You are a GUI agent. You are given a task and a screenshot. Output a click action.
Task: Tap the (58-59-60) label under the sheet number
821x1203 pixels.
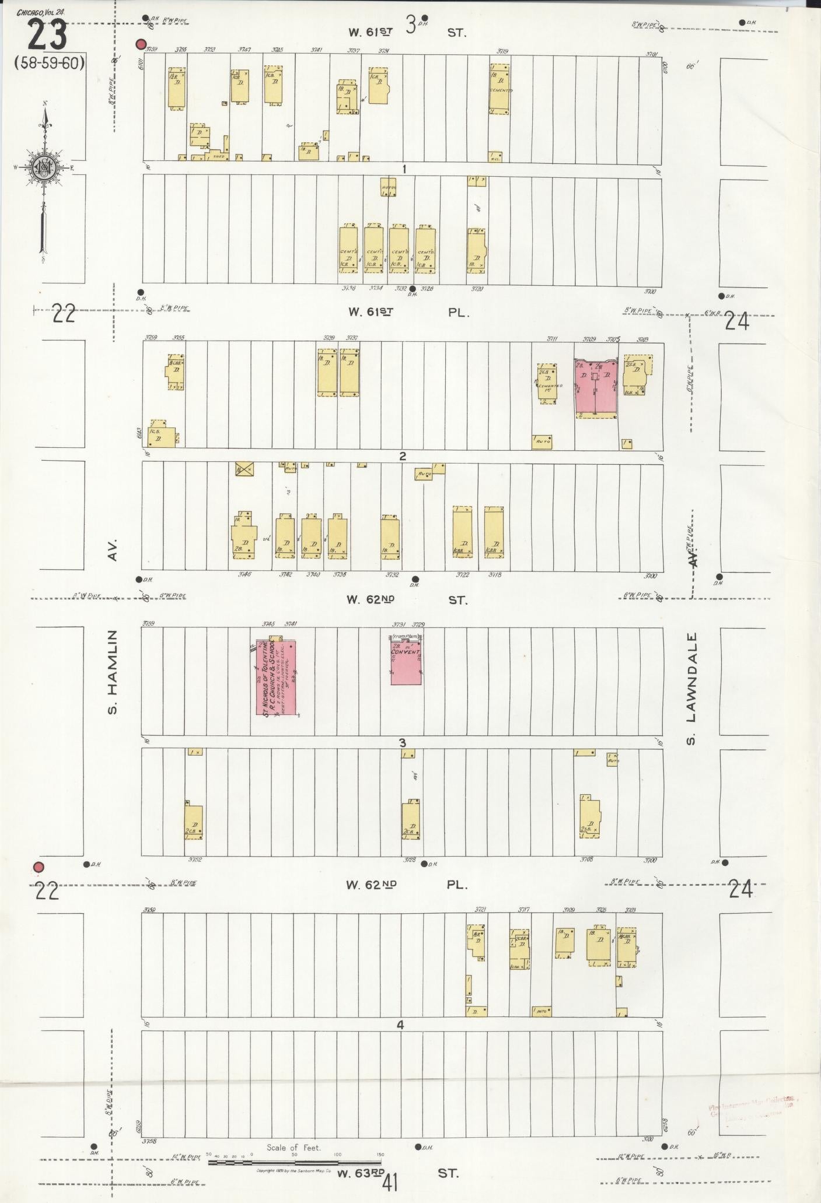point(50,63)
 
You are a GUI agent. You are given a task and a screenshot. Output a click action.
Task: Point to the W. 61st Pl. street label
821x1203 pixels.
point(408,312)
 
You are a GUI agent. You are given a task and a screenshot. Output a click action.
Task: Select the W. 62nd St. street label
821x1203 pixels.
point(408,599)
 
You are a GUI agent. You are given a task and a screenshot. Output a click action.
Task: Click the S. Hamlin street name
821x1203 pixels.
point(113,672)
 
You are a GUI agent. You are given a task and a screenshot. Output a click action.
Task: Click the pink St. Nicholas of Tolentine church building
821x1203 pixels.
point(276,678)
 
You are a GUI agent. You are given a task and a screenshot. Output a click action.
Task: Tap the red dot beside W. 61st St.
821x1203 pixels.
point(140,44)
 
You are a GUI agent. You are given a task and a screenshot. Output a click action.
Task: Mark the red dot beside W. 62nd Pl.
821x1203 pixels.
point(39,867)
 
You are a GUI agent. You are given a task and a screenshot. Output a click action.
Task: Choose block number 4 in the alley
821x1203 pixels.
point(400,1025)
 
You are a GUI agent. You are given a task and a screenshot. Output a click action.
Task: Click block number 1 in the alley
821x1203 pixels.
point(403,169)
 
